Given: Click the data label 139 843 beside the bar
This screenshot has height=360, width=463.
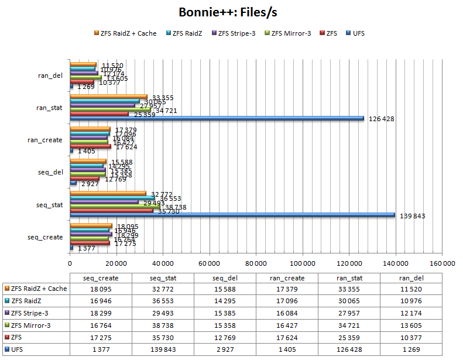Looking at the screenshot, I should tap(412, 216).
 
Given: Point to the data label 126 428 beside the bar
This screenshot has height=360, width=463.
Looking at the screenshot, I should tap(382, 119).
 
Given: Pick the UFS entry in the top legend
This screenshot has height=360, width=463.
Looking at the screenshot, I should tap(355, 33).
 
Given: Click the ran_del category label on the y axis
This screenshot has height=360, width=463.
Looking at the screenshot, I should tap(50, 75).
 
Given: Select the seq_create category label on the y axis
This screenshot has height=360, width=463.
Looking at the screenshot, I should tap(45, 236).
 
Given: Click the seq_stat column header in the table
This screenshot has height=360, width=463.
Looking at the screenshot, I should tap(163, 278).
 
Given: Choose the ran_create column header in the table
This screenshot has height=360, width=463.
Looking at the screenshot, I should tap(287, 278).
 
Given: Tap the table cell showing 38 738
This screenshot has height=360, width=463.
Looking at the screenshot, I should tap(163, 325).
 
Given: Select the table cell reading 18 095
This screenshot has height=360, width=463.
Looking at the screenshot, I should tap(101, 289).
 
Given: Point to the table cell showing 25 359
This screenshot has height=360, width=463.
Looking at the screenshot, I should tap(349, 337).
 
